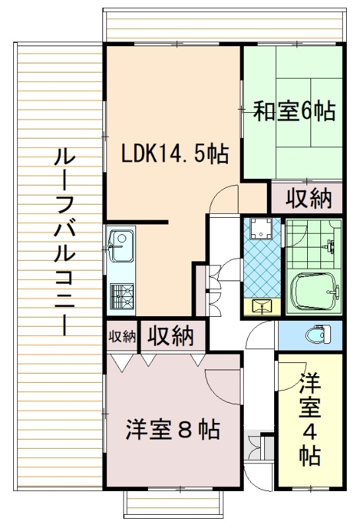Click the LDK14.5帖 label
click(175, 154)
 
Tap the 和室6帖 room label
click(294, 112)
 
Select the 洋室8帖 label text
click(173, 430)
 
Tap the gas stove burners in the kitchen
click(122, 295)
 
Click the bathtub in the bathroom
click(313, 290)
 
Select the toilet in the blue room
click(318, 335)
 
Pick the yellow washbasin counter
click(262, 306)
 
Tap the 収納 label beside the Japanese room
click(308, 199)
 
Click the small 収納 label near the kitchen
click(122, 336)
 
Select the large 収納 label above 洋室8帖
click(171, 335)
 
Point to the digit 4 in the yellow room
click(309, 432)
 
